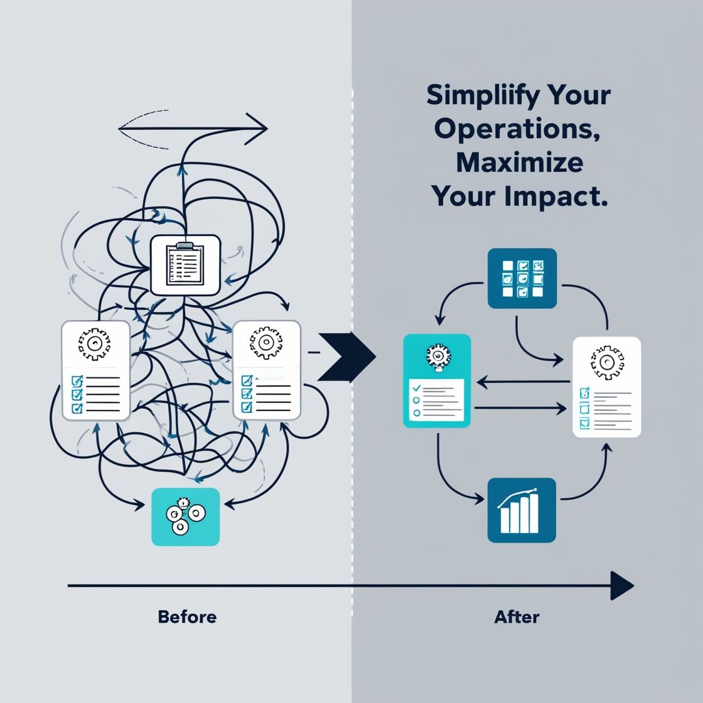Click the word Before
click(x=187, y=616)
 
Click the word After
click(x=517, y=616)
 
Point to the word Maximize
click(x=519, y=162)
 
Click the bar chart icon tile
click(x=522, y=510)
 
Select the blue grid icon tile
click(x=522, y=278)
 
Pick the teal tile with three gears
click(x=186, y=517)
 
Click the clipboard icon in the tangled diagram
click(x=185, y=264)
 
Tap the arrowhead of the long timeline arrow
click(x=622, y=586)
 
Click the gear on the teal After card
click(x=435, y=356)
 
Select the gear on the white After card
click(x=606, y=362)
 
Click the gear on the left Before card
click(x=95, y=343)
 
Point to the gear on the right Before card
click(x=266, y=343)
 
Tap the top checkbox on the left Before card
click(x=77, y=380)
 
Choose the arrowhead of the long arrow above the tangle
click(x=257, y=129)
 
